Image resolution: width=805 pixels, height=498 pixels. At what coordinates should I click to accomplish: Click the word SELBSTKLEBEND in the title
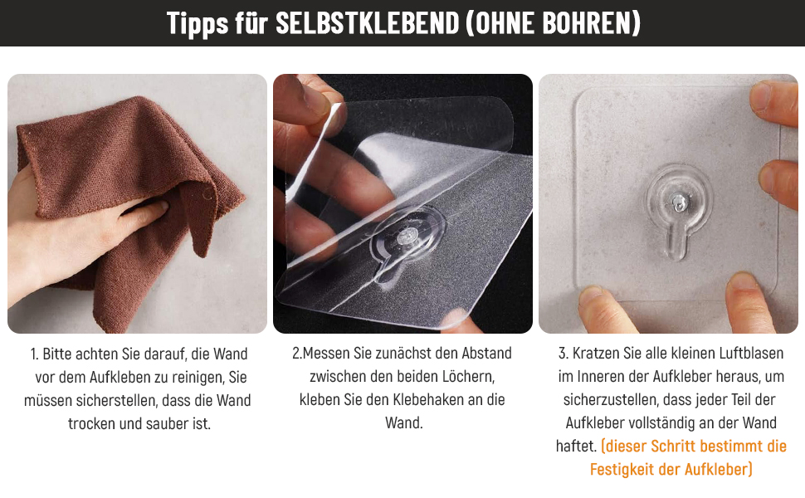click(x=367, y=23)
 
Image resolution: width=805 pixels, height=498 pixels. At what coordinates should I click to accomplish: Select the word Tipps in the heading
click(x=198, y=24)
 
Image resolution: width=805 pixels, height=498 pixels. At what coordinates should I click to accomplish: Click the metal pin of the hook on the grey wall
click(x=679, y=203)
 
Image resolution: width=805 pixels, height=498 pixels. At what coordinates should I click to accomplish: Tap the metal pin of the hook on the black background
click(x=407, y=237)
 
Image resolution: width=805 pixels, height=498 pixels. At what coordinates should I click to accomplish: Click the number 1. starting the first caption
click(x=34, y=354)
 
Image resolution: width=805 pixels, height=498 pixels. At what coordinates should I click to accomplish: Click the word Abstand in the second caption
click(x=486, y=354)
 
